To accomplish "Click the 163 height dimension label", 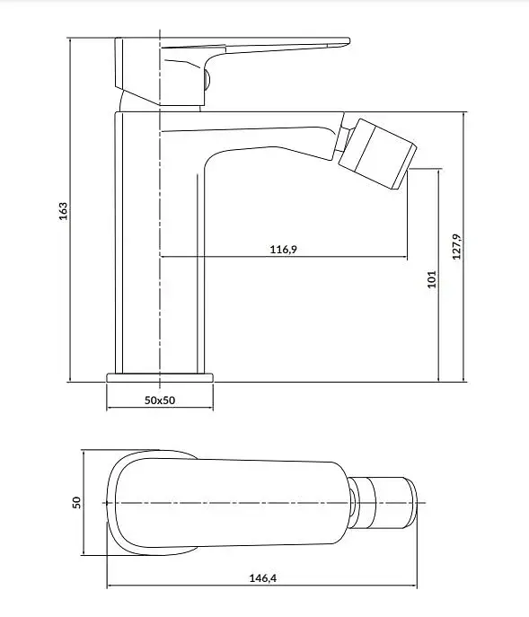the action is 63,211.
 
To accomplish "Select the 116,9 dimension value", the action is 284,249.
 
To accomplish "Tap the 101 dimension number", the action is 432,279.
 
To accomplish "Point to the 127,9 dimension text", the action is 456,246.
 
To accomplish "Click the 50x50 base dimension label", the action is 160,401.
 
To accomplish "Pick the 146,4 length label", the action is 263,578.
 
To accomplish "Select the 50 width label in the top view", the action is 76,503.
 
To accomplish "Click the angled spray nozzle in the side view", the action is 377,154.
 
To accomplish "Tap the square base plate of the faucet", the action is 160,378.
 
